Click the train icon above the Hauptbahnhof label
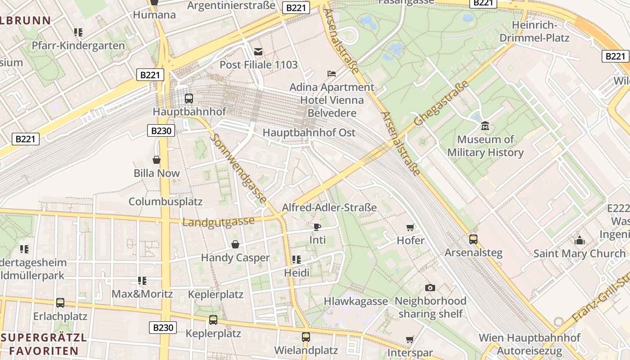coord(189,98)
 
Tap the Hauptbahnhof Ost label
coord(309,133)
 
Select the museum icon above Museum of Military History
coord(485,126)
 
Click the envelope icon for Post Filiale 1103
coord(258,52)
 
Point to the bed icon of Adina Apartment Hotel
coord(332,74)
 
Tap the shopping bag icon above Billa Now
coord(157,160)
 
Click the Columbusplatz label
coord(166,202)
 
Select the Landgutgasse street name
coord(218,222)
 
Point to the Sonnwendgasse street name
coord(238,168)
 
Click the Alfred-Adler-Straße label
coord(329,207)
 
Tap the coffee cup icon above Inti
coord(317,227)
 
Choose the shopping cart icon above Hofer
coord(410,227)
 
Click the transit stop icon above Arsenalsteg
coord(473,239)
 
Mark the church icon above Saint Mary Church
coord(580,240)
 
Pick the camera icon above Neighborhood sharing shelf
coord(430,288)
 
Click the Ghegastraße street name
coord(441,103)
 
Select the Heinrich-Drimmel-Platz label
coord(535,31)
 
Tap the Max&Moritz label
coord(142,294)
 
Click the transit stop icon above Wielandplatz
coord(306,337)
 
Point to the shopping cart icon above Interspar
coord(409,340)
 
